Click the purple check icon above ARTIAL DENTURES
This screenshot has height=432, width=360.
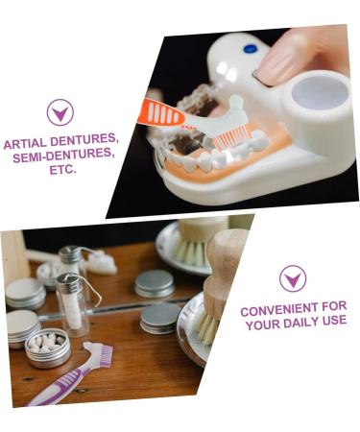click(x=60, y=112)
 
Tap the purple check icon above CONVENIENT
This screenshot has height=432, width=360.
click(x=293, y=278)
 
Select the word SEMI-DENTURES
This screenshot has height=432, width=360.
click(x=60, y=156)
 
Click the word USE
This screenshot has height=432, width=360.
click(x=334, y=324)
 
